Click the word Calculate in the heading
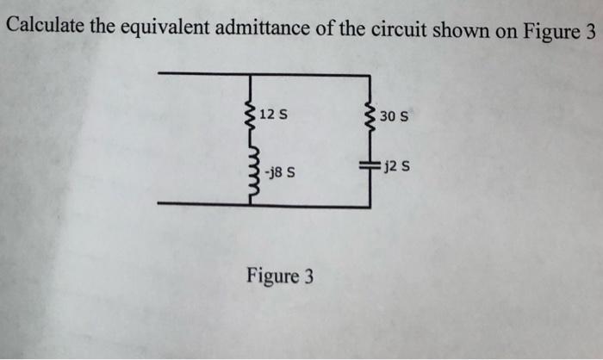[x=45, y=25]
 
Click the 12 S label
[x=273, y=114]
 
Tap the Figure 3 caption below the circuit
[x=280, y=277]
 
